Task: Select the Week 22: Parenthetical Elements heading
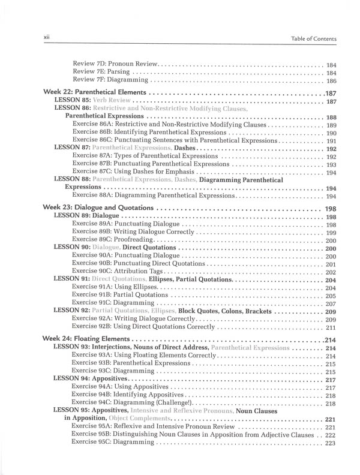[96, 93]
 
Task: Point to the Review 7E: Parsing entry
[101, 72]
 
